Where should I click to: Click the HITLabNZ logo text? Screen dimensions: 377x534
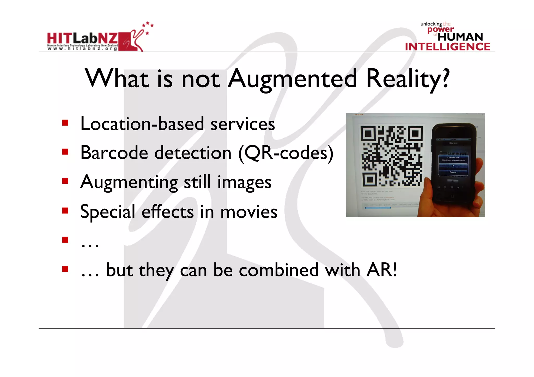pos(82,39)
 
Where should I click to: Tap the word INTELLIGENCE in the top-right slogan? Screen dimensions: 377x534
pos(447,47)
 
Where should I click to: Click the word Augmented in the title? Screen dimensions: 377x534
pos(292,79)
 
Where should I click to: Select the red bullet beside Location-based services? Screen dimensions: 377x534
pos(65,123)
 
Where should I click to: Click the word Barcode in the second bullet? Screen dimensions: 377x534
pos(114,153)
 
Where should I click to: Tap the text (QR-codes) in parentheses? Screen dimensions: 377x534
pos(286,153)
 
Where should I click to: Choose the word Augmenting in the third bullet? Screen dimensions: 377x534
pos(129,182)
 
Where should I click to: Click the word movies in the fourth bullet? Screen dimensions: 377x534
pos(249,212)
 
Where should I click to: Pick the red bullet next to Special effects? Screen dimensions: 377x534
pos(65,210)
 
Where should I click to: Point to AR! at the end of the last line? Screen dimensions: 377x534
pos(381,270)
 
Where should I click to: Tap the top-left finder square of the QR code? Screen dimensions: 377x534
pos(368,134)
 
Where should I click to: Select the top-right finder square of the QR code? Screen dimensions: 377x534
pos(415,134)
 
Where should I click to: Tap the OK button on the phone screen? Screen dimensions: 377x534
pos(453,165)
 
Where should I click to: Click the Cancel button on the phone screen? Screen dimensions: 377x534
pos(453,172)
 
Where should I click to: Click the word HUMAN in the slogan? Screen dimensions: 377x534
pos(460,37)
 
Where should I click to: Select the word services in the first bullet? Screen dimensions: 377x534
pos(242,124)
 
